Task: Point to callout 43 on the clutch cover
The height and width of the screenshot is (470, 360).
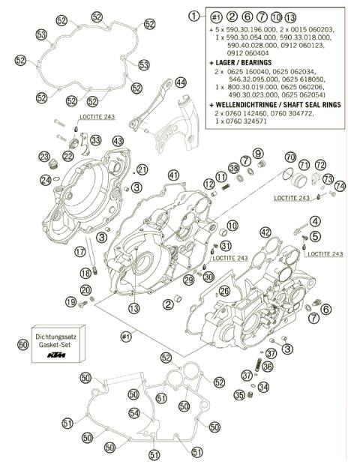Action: tap(117, 140)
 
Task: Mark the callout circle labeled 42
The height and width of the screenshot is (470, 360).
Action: tap(265, 233)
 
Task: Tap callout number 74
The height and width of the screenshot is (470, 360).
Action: tap(340, 185)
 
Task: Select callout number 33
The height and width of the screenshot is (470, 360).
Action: tap(95, 140)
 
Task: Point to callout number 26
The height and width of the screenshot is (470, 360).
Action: tap(224, 290)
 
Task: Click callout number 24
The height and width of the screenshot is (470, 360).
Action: tap(46, 179)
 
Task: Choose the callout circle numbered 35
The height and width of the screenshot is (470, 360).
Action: tap(238, 395)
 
